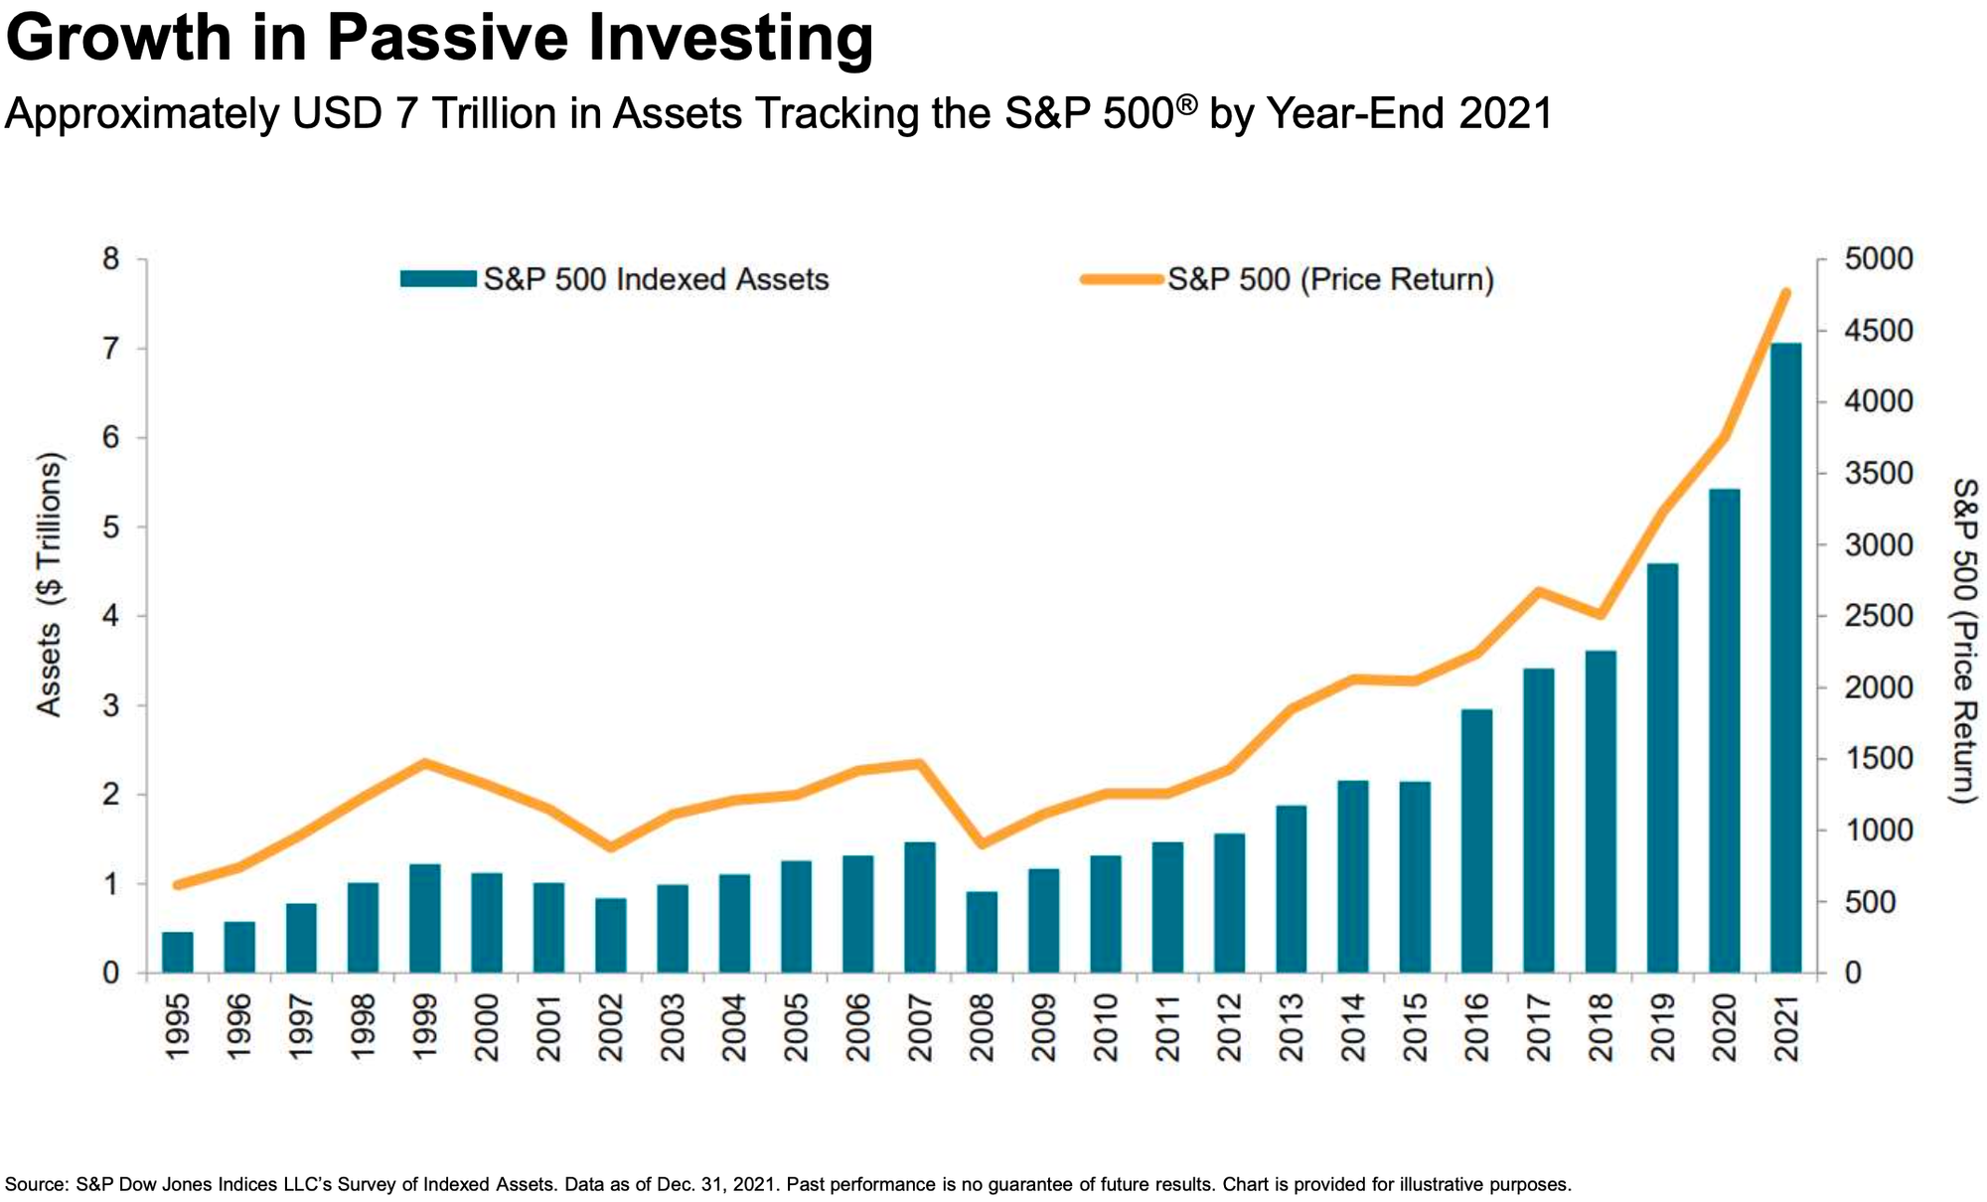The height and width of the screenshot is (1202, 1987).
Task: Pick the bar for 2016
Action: (1476, 840)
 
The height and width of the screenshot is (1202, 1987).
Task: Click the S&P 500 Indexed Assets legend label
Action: (656, 279)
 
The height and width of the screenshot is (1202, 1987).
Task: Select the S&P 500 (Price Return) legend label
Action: (1330, 279)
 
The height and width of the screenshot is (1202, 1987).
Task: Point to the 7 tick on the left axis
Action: (110, 349)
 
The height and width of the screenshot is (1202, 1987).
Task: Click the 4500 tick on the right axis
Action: (1878, 331)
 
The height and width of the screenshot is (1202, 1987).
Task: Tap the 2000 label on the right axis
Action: (1878, 687)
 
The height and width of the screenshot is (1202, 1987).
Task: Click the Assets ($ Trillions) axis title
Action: (50, 584)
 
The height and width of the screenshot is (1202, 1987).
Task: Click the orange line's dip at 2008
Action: (982, 844)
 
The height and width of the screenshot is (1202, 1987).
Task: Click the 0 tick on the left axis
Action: (110, 974)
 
